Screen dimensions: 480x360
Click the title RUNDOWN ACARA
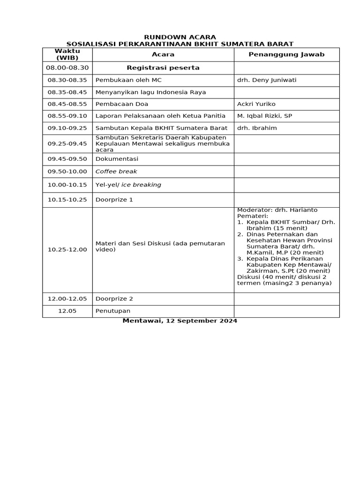click(180, 37)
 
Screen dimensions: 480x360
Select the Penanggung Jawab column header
click(286, 54)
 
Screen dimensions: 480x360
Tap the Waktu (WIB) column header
click(67, 54)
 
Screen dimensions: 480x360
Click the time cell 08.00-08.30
click(67, 68)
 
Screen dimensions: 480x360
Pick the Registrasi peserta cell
click(163, 68)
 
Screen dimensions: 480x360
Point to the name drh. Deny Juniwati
click(267, 80)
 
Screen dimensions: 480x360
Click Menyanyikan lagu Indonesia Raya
click(150, 92)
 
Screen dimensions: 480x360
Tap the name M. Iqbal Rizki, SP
click(264, 116)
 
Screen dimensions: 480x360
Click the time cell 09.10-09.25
click(67, 128)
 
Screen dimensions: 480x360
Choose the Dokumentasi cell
click(117, 159)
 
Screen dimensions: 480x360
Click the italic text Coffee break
click(116, 172)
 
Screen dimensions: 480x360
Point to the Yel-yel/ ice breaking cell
click(128, 185)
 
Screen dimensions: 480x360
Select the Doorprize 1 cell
click(114, 200)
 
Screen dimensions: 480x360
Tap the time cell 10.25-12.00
click(67, 249)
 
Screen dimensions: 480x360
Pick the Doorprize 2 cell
click(114, 299)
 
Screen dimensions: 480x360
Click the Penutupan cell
click(113, 311)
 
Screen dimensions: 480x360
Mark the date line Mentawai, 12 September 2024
click(180, 321)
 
